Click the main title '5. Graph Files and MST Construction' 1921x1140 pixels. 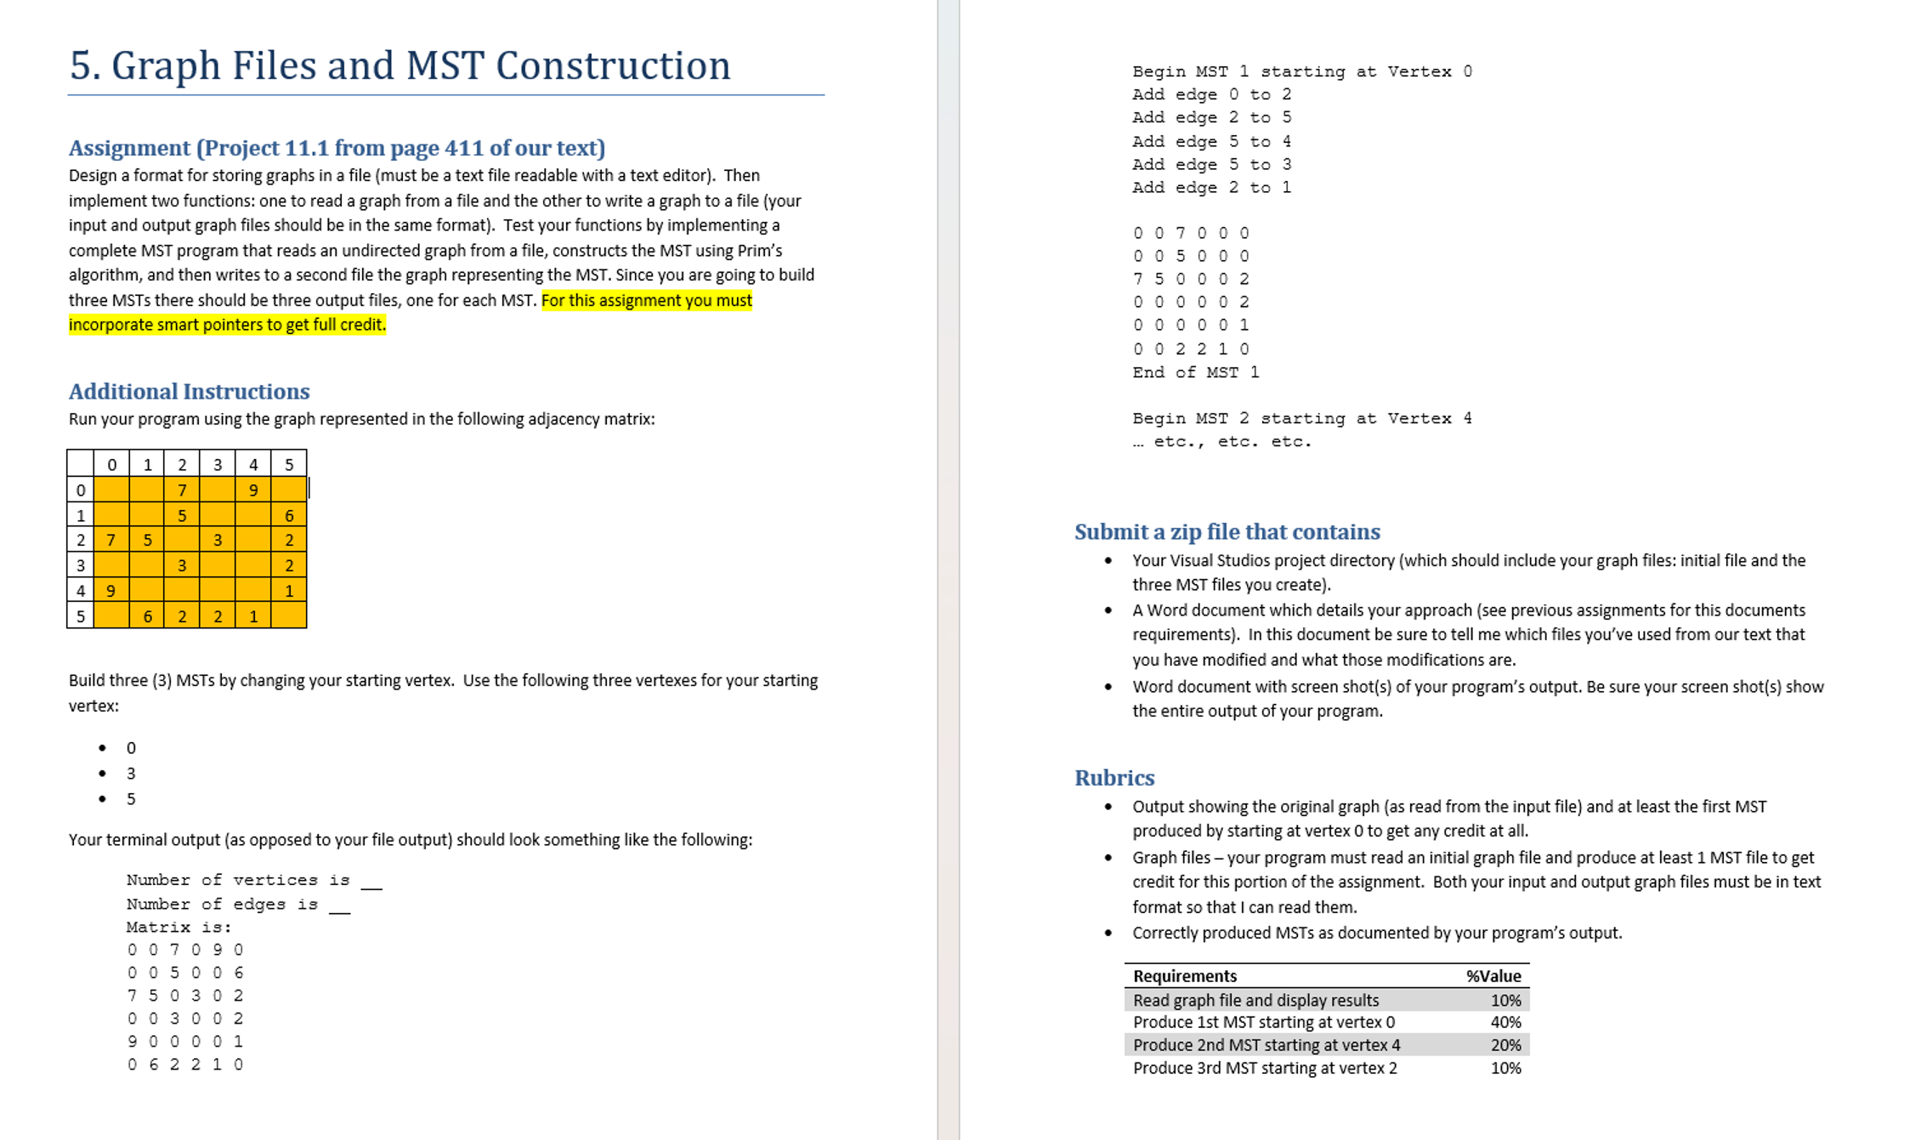click(399, 65)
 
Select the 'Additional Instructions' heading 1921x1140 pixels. click(189, 391)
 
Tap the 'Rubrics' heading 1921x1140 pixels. click(1113, 778)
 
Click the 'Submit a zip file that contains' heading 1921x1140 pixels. click(1227, 532)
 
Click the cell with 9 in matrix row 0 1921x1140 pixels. click(253, 490)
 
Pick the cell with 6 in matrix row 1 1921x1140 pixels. click(289, 515)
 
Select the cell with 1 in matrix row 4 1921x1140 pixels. click(289, 591)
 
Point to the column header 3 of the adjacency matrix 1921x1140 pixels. click(218, 464)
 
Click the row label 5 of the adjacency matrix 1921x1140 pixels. click(81, 616)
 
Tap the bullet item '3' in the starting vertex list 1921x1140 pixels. click(131, 774)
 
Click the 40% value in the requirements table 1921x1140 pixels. click(1505, 1022)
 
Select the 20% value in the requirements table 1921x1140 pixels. click(1505, 1045)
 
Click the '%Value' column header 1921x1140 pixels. click(1493, 976)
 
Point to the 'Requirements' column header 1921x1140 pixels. click(1184, 976)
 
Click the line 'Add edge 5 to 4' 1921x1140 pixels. click(1211, 141)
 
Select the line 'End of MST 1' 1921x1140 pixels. click(1195, 372)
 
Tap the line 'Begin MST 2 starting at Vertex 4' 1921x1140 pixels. click(1301, 418)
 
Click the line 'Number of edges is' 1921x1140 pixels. click(223, 905)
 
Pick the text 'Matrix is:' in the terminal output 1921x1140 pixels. click(178, 927)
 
